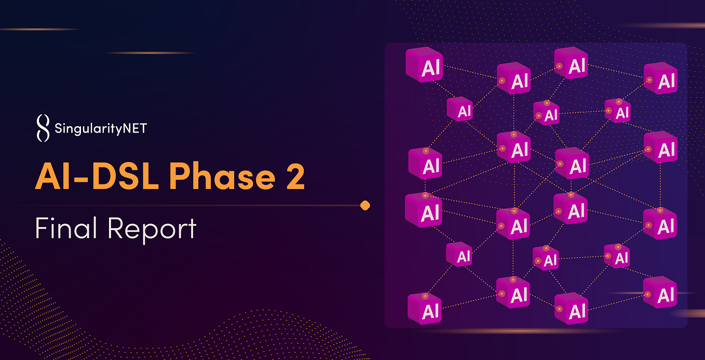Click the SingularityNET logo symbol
coord(43,128)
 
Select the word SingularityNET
coord(100,128)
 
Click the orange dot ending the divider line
coord(365,206)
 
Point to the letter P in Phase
coord(179,178)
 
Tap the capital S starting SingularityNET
coord(58,127)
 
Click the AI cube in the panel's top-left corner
coord(424,64)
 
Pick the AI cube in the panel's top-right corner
coord(660,78)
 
